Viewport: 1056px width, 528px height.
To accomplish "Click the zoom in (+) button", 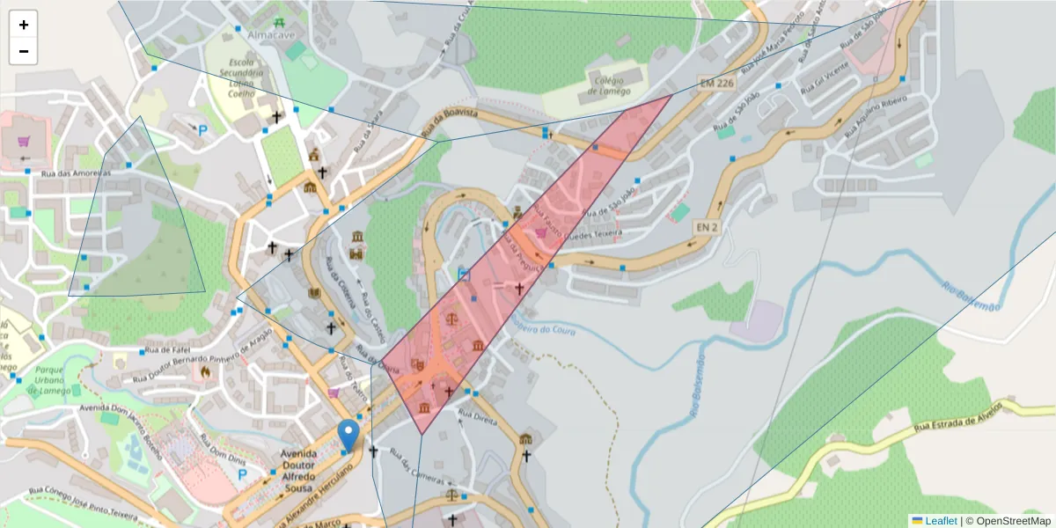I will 24,25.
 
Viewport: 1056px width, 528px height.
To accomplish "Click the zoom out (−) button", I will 24,51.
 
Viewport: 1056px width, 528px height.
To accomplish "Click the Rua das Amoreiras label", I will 74,173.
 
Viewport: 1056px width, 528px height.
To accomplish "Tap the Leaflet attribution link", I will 941,521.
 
